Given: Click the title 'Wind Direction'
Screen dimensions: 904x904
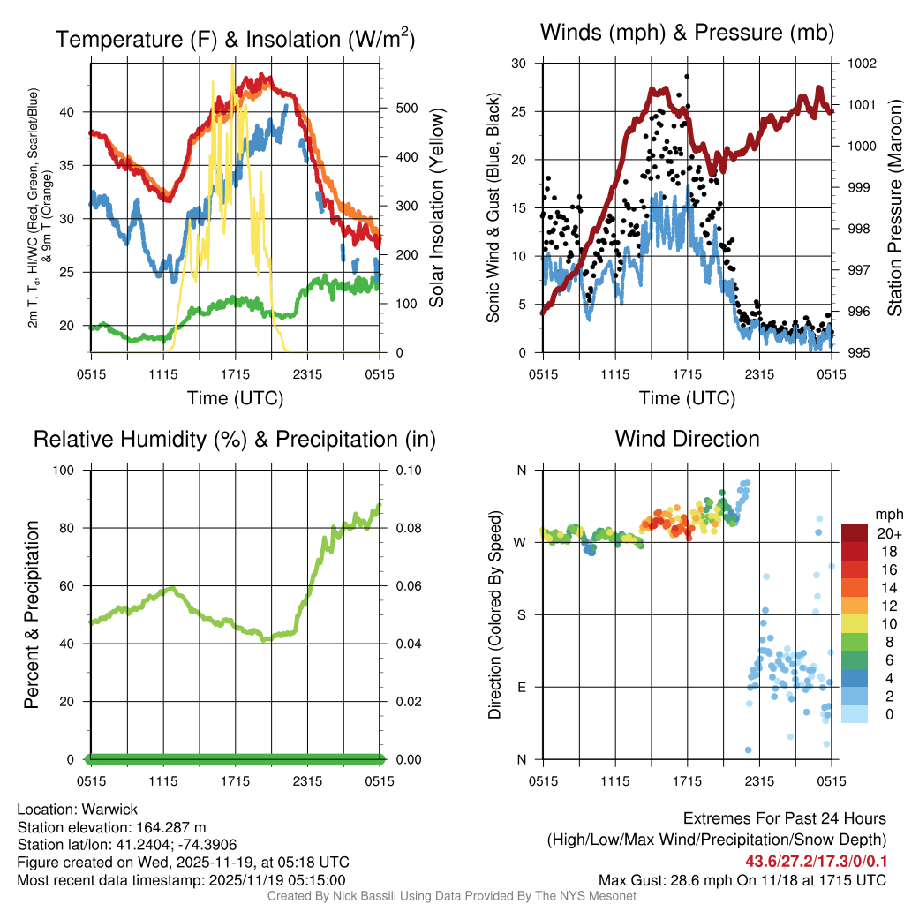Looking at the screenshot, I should pos(687,439).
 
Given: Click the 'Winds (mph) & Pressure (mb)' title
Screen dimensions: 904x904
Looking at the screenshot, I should pos(687,34).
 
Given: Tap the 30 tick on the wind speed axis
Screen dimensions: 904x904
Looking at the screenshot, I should pos(519,64).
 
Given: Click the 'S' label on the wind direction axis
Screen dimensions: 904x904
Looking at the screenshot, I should pos(522,614).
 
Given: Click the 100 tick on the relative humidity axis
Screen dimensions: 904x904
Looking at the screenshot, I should pos(68,471).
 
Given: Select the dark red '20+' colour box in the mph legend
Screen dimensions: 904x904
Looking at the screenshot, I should pos(855,534).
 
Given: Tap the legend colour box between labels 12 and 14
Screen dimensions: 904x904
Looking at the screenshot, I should pos(855,587).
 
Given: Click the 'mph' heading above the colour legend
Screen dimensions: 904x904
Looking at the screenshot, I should pos(887,514).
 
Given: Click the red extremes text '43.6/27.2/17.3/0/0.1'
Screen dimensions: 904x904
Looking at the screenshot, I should pos(816,860).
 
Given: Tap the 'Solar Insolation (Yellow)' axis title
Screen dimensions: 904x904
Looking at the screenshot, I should pos(437,208).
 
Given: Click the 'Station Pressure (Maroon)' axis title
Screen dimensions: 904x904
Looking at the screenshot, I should pos(893,208).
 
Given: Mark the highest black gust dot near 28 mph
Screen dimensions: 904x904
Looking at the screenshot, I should pos(687,76).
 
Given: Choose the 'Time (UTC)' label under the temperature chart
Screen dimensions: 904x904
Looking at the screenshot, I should pos(235,398).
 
